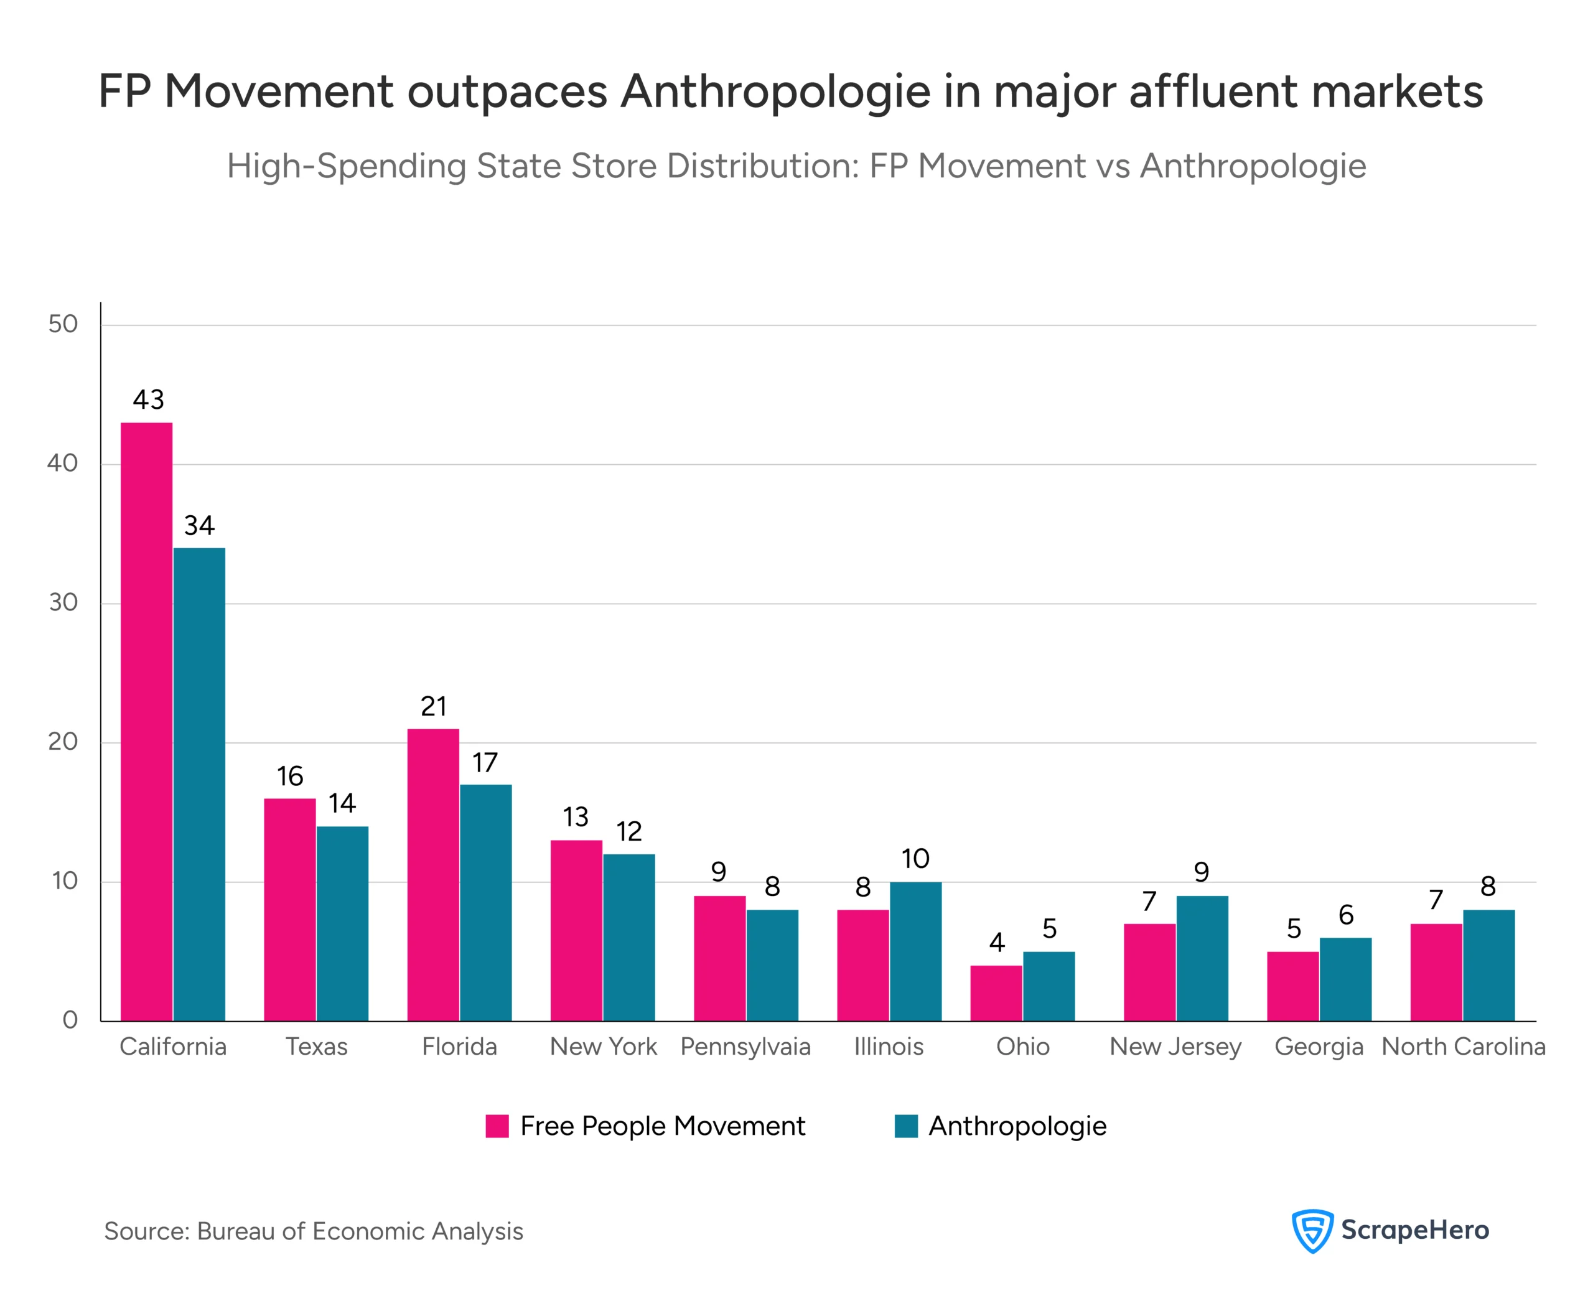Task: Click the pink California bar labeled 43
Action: point(146,720)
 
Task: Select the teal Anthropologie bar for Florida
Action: point(485,902)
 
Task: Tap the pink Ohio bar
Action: point(996,992)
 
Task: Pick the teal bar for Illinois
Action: point(915,951)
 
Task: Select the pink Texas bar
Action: point(289,909)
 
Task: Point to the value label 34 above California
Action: point(199,525)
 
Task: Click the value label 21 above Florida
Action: point(433,706)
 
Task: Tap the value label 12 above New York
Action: point(628,831)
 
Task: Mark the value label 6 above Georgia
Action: point(1345,915)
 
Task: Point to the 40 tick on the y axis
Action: point(62,463)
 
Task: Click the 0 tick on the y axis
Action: point(70,1020)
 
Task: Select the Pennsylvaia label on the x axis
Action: point(745,1046)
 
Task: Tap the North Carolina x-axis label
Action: point(1462,1046)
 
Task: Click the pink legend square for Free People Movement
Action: point(497,1126)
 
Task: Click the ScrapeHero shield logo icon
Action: point(1312,1230)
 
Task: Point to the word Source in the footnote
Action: point(146,1231)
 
